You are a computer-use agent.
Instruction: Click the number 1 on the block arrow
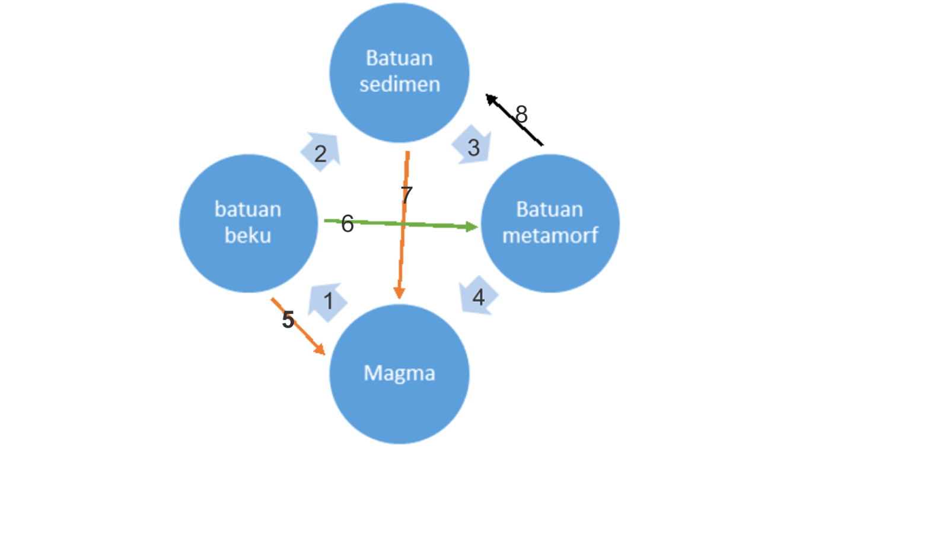coord(328,301)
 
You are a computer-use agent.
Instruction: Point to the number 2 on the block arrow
coord(320,154)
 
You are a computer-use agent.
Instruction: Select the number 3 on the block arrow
coord(473,148)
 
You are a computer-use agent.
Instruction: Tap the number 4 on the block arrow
coord(478,297)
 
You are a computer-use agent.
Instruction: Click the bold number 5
coord(288,320)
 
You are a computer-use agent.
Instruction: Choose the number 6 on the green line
coord(348,224)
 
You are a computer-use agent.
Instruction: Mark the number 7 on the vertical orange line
coord(406,195)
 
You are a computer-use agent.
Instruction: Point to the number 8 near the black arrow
coord(521,114)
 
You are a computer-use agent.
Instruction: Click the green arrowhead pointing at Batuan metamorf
coord(472,227)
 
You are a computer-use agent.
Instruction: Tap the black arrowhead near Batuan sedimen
coord(491,99)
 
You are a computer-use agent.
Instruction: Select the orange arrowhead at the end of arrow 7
coord(399,293)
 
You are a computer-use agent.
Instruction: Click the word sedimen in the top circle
coord(400,84)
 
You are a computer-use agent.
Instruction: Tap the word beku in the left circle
coord(248,236)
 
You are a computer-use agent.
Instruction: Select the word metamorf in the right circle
coord(550,236)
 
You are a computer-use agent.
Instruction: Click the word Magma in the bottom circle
coord(399,373)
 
